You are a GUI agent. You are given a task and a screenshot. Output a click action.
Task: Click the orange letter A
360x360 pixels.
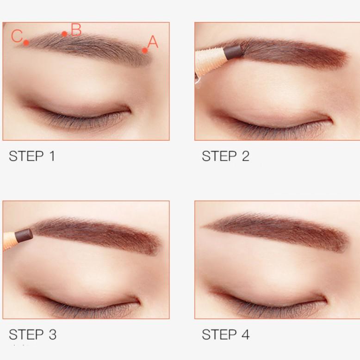(x=153, y=42)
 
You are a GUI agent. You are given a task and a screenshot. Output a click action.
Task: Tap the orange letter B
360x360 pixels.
(x=76, y=30)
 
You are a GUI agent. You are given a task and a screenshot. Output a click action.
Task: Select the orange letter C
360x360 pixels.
(x=17, y=36)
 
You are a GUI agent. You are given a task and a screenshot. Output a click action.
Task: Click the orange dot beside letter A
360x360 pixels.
(x=145, y=50)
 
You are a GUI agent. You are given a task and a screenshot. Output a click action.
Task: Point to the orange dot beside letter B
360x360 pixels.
(x=64, y=34)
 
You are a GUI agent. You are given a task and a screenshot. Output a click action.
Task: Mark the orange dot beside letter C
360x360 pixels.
(x=26, y=43)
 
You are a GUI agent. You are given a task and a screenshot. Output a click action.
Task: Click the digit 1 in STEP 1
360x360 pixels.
(x=52, y=156)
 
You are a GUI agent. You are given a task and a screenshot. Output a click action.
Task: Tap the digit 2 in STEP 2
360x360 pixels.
(x=245, y=156)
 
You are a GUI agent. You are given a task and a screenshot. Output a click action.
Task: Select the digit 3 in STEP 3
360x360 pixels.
(x=53, y=335)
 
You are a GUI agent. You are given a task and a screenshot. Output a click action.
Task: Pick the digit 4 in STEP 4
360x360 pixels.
(x=245, y=335)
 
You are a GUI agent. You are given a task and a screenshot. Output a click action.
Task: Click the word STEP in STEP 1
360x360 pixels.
(x=26, y=156)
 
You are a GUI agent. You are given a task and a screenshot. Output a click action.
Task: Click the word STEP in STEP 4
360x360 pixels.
(x=219, y=335)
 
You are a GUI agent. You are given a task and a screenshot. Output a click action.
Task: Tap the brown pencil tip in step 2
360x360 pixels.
(x=233, y=51)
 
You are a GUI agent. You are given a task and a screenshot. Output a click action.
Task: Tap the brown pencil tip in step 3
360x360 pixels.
(x=24, y=236)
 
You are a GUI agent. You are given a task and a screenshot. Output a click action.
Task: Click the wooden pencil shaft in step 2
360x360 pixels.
(x=210, y=62)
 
